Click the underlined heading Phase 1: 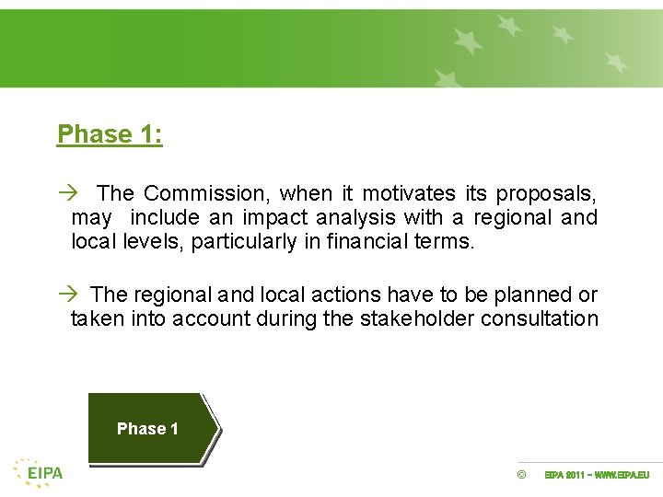coord(110,134)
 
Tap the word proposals coord(546,193)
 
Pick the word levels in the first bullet coord(149,242)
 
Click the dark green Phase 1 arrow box coord(150,428)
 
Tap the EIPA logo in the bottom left coord(39,472)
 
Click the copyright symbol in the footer coord(521,475)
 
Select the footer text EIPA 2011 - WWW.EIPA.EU coord(597,475)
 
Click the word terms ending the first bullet coord(450,242)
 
